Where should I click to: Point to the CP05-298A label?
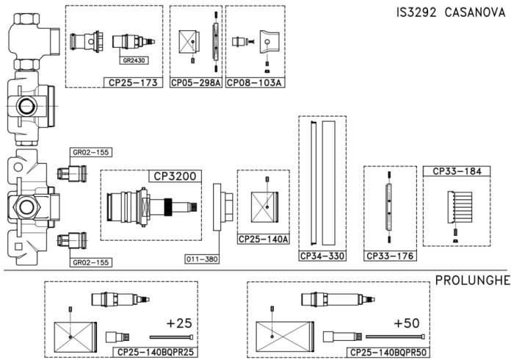[x=196, y=82]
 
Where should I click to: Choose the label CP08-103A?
[x=253, y=82]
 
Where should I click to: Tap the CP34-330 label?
[x=321, y=256]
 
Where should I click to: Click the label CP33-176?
[x=389, y=256]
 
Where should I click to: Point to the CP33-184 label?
[x=457, y=172]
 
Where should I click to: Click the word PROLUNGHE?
[x=466, y=281]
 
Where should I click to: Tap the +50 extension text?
[x=407, y=323]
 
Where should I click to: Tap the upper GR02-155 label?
[x=90, y=153]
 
